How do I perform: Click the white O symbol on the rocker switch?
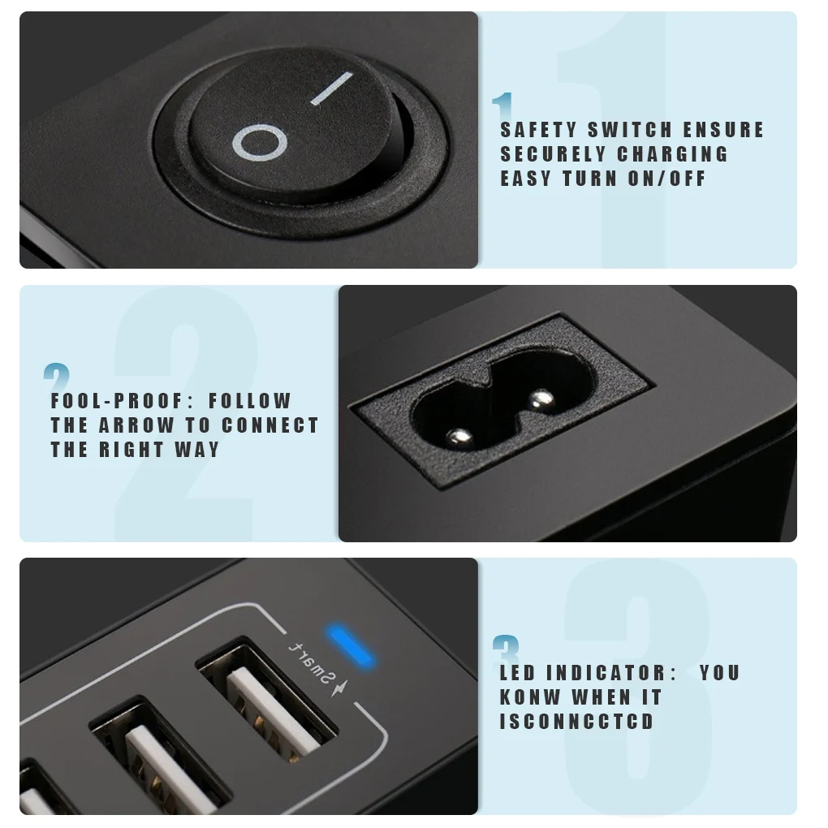(260, 144)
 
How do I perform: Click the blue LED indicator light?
(350, 645)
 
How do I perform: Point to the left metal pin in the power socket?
(459, 438)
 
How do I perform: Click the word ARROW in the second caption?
(136, 425)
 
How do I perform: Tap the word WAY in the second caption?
(197, 450)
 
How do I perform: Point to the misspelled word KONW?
(530, 697)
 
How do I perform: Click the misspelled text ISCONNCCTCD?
(577, 722)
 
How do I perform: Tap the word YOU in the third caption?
(720, 673)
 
